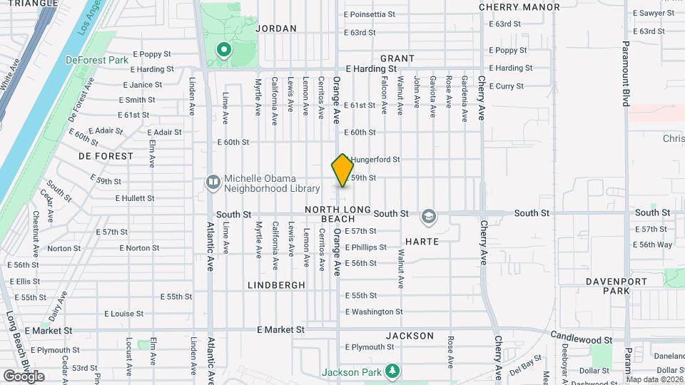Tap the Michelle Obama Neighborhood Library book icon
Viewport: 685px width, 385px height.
(x=213, y=183)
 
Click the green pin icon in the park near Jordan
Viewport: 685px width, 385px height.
(x=223, y=50)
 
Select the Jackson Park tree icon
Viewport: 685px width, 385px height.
(x=392, y=371)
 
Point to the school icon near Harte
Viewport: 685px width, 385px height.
(x=428, y=215)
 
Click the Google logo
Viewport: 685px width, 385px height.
(x=24, y=376)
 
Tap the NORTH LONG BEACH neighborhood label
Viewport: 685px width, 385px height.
(x=338, y=214)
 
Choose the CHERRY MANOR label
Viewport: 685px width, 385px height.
(x=519, y=7)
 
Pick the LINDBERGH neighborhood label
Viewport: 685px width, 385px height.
(x=276, y=284)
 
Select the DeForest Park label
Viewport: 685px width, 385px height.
(x=97, y=61)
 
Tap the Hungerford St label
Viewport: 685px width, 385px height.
(x=376, y=160)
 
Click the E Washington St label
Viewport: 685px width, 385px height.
(x=374, y=312)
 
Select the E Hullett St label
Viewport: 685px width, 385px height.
(x=134, y=198)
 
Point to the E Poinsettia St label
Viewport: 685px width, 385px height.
(x=369, y=14)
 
